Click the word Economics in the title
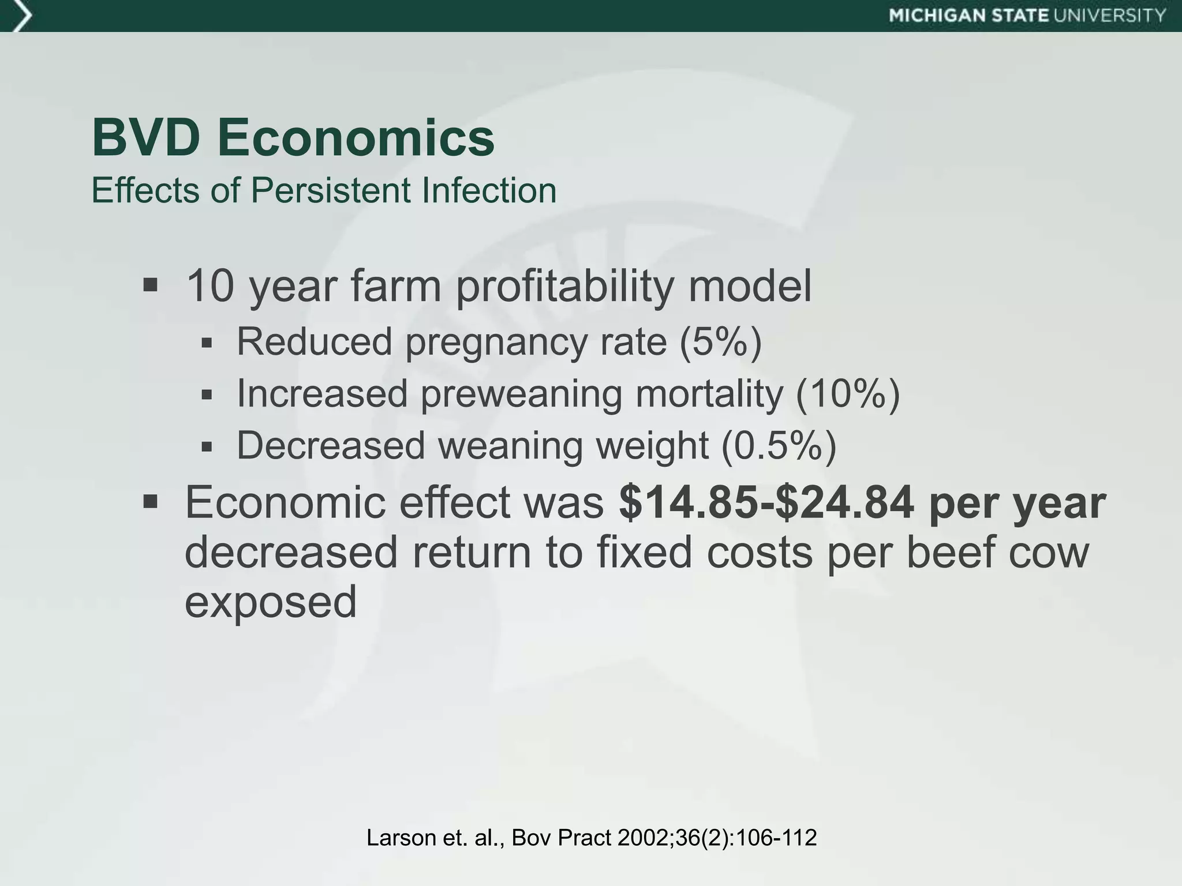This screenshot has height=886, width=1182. [x=356, y=138]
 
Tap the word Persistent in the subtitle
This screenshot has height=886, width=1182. [x=330, y=190]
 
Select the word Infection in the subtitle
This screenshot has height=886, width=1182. [x=489, y=190]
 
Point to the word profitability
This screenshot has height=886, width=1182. [x=565, y=286]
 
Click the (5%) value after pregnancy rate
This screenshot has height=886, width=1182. [x=720, y=341]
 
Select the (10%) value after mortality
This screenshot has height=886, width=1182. [x=847, y=393]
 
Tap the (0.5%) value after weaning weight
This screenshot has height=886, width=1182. [x=779, y=446]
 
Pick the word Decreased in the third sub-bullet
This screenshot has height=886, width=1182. [x=331, y=446]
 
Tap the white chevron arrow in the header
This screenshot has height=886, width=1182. [x=22, y=16]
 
